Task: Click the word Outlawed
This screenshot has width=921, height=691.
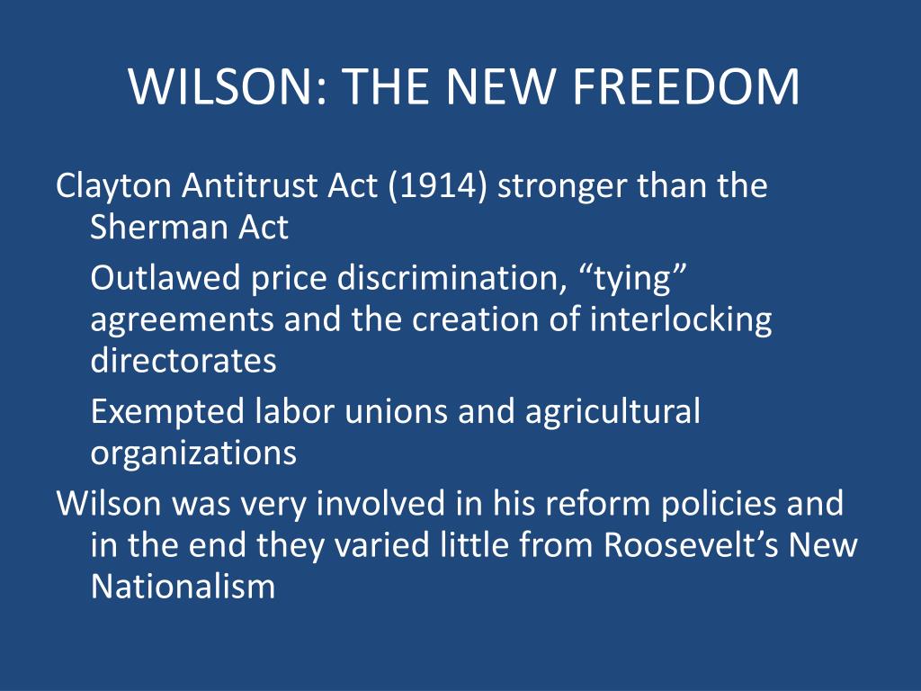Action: pos(165,277)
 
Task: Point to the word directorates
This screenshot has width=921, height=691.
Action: pos(183,360)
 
